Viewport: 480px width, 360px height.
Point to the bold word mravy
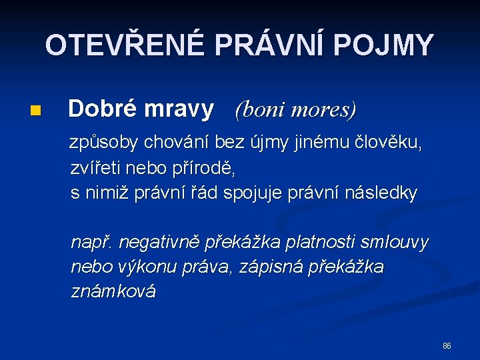click(x=179, y=108)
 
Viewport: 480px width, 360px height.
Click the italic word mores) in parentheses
click(x=324, y=109)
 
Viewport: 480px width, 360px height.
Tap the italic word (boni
click(x=259, y=109)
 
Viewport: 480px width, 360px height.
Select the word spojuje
click(x=256, y=194)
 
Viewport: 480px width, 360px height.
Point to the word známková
click(x=113, y=291)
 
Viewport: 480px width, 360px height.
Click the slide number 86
click(x=447, y=346)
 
